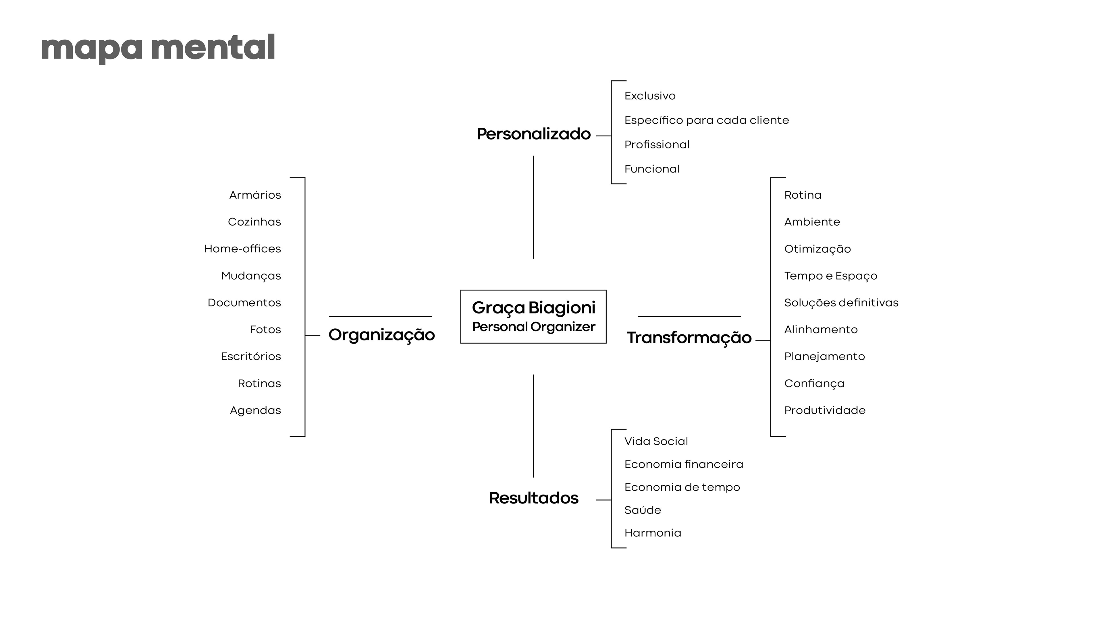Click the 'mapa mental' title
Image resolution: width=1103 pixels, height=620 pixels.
(158, 48)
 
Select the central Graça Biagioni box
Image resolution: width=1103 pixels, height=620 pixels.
(533, 317)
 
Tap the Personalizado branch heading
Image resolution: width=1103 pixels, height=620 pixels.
(533, 134)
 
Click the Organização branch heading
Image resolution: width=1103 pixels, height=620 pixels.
(381, 335)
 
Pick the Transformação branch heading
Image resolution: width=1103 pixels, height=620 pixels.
(689, 338)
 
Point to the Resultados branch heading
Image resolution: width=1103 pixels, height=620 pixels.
(533, 498)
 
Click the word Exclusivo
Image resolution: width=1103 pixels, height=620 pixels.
(649, 96)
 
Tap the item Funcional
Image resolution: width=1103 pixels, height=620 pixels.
(652, 169)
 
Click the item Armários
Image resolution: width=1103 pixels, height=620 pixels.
(255, 195)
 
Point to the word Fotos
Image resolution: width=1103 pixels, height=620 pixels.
(265, 330)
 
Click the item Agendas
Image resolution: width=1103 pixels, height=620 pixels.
(256, 410)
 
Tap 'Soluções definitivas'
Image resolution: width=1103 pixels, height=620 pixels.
(841, 303)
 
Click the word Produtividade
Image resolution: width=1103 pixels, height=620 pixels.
(825, 410)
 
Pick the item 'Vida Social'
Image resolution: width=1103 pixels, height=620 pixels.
(656, 441)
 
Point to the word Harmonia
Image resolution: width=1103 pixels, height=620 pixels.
(653, 533)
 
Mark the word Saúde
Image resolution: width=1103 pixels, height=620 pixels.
(642, 510)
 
